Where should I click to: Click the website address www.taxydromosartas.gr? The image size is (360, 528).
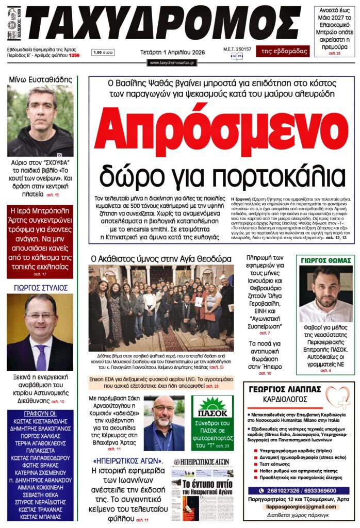pyautogui.click(x=172, y=62)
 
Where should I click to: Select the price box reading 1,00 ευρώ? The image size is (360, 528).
pyautogui.click(x=103, y=53)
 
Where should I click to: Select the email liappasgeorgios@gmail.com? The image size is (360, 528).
pyautogui.click(x=301, y=507)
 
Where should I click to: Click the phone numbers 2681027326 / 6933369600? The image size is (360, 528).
pyautogui.click(x=301, y=490)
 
